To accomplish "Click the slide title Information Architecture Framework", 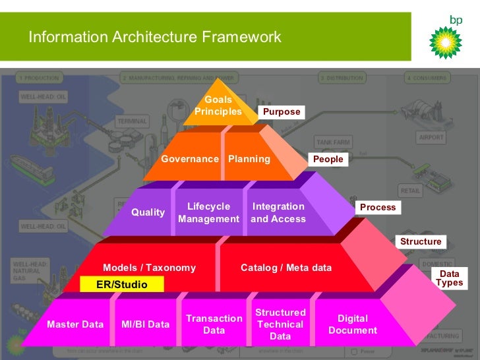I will tap(155, 37).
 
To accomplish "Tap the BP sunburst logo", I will tap(446, 42).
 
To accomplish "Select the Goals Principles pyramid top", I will tap(218, 105).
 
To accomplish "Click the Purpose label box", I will tap(282, 112).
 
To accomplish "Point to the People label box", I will tap(328, 159).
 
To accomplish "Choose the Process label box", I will tap(378, 207).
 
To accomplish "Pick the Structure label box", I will tap(421, 241).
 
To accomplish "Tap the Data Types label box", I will tap(450, 278).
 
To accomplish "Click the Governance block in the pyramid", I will tap(190, 159).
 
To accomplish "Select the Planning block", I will tap(249, 159).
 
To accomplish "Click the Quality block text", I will tap(148, 212).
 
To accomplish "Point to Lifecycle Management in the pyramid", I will tap(209, 212).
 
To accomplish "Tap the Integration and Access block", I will tap(278, 212).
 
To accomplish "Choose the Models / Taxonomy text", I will tap(150, 268).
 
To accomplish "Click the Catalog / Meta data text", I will tap(286, 268).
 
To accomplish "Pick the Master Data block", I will tap(75, 324).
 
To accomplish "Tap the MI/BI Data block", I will tap(146, 324).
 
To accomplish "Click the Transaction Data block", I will tap(214, 324).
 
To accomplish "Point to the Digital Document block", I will tap(353, 324).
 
